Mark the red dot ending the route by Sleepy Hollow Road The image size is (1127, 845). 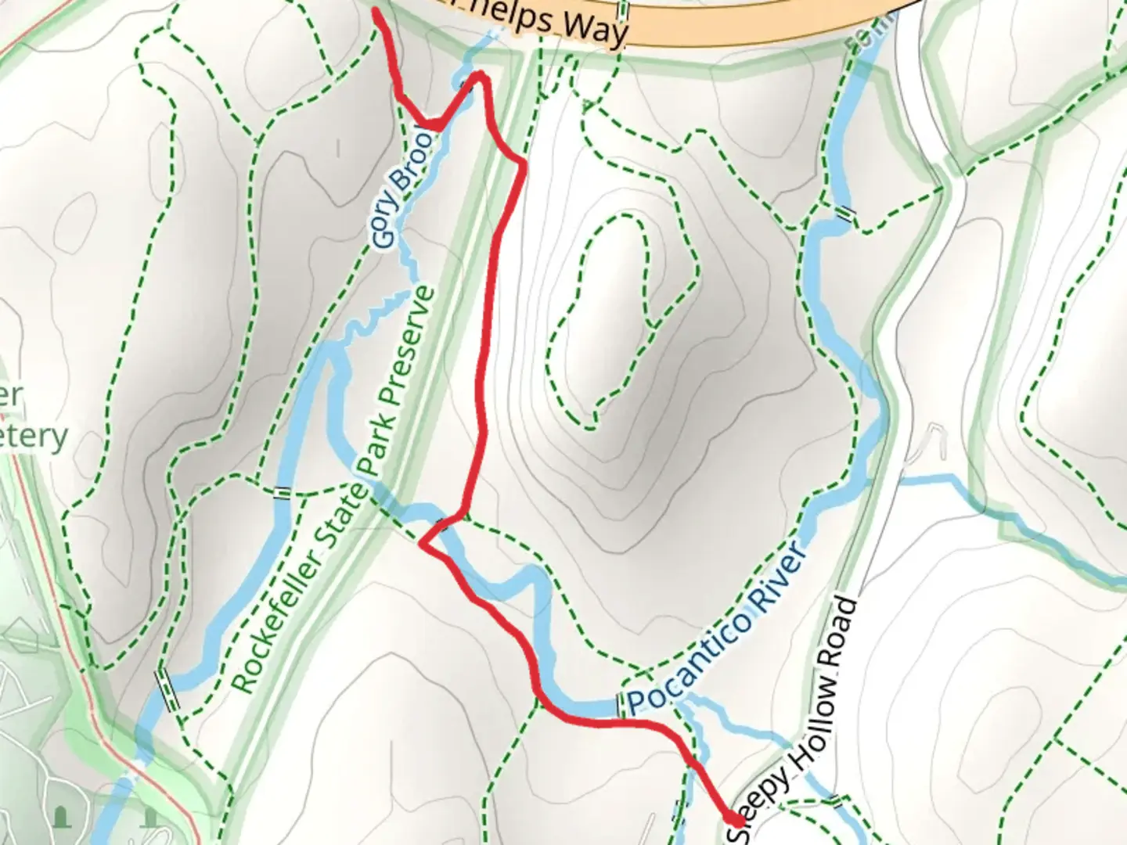pos(736,819)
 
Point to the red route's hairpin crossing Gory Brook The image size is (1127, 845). pos(478,77)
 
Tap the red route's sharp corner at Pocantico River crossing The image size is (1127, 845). pos(424,543)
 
